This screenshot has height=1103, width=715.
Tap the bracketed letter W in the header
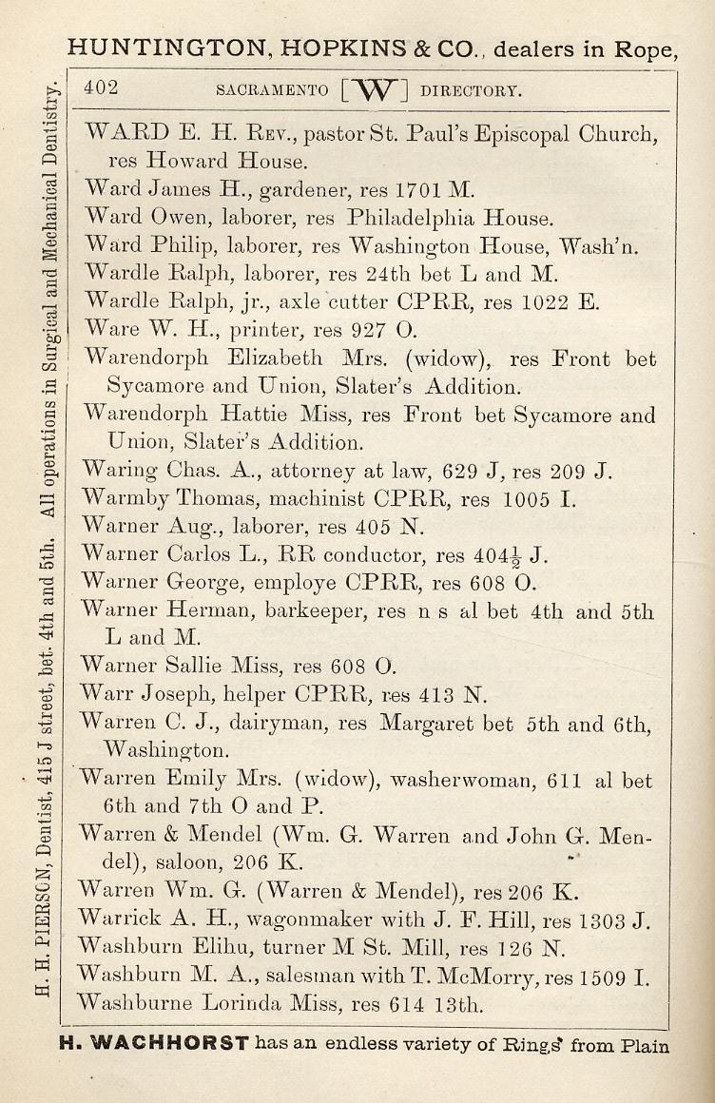374,90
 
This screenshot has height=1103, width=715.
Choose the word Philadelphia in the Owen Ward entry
412,217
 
